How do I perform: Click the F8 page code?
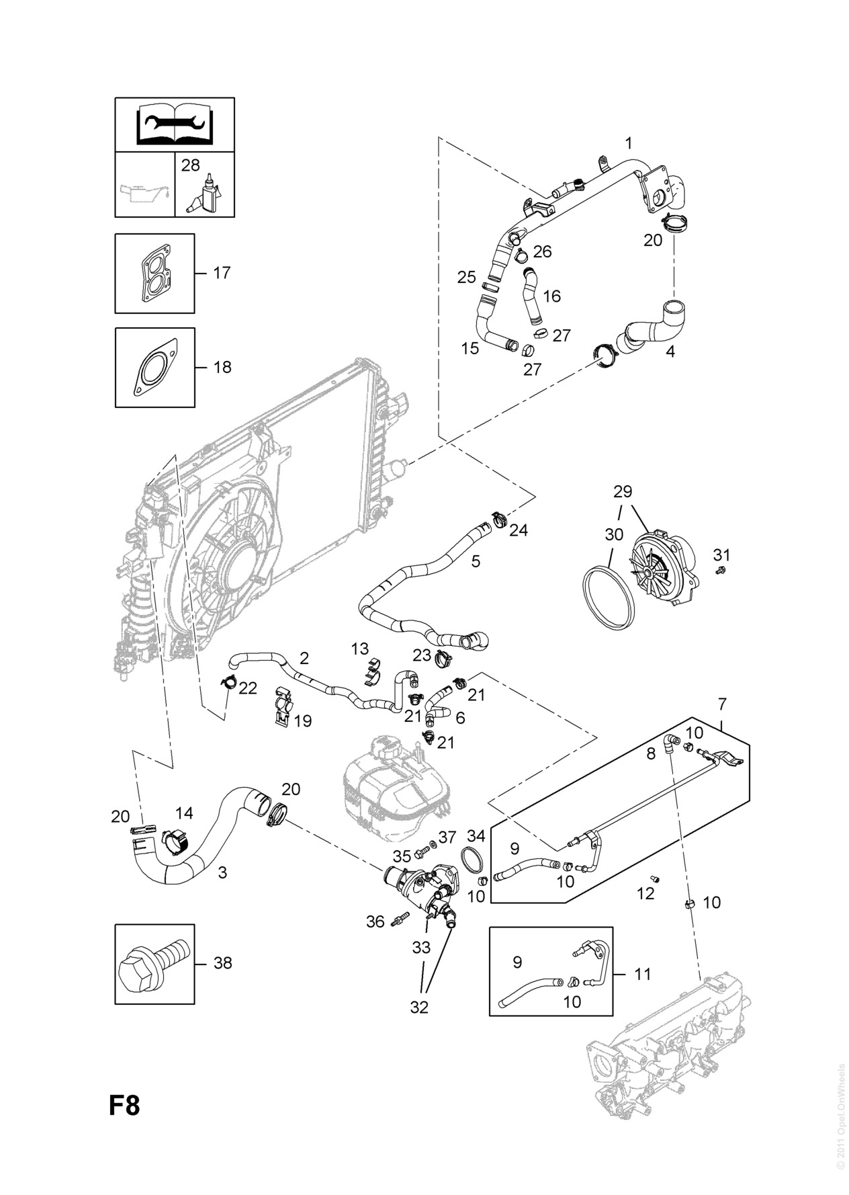(x=124, y=1106)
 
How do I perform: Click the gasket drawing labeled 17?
(x=155, y=274)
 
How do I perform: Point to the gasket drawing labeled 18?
(x=155, y=368)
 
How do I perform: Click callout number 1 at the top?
(x=629, y=143)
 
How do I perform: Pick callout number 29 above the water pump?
(x=623, y=491)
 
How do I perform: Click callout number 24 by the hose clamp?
(x=518, y=530)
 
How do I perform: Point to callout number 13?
(x=360, y=649)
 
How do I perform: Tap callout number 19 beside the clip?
(x=303, y=721)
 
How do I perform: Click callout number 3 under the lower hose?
(x=222, y=872)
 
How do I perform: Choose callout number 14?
(x=184, y=813)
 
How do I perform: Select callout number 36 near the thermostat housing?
(x=375, y=921)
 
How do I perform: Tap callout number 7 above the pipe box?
(x=722, y=704)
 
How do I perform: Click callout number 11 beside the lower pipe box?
(x=643, y=973)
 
